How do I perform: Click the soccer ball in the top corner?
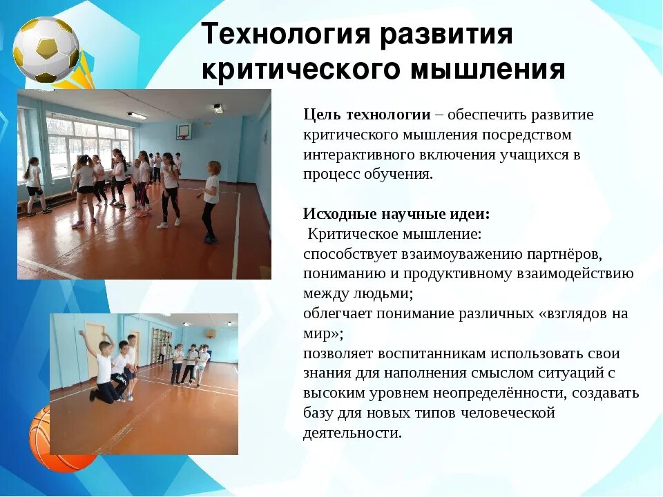pos(46,50)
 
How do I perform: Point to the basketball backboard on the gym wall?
pos(184,130)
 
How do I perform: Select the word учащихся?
pos(534,154)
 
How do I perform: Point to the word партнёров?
pos(561,253)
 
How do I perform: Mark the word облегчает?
pos(334,314)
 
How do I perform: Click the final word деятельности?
pos(351,433)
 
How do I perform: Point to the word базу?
pos(318,413)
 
